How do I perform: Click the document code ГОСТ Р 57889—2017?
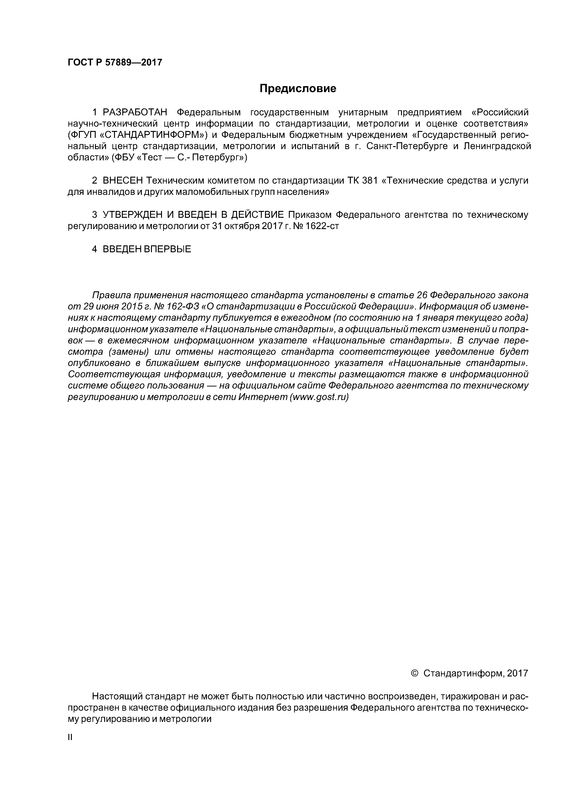115,62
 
